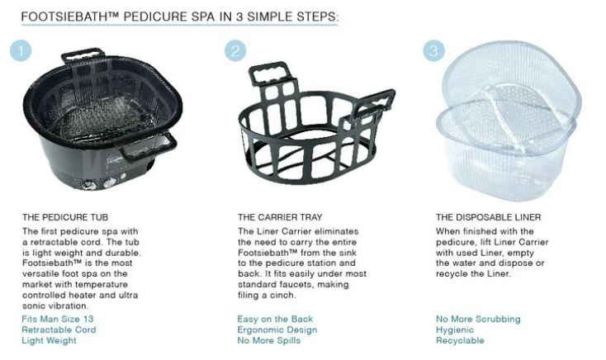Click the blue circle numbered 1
(x=21, y=50)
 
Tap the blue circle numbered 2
(x=235, y=50)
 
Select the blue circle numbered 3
(x=433, y=50)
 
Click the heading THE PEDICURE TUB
(x=65, y=217)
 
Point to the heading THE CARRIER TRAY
(x=280, y=217)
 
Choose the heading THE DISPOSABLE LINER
(x=489, y=217)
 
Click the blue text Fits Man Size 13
(x=58, y=319)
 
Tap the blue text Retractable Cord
(x=59, y=329)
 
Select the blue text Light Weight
(x=49, y=341)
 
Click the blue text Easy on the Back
(x=275, y=319)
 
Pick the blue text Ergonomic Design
(x=277, y=329)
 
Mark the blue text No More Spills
(x=269, y=341)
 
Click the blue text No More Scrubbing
(x=479, y=319)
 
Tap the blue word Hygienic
(x=455, y=329)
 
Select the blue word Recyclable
(x=461, y=341)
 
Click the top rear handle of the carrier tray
(x=269, y=73)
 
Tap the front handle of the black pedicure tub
(x=147, y=146)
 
